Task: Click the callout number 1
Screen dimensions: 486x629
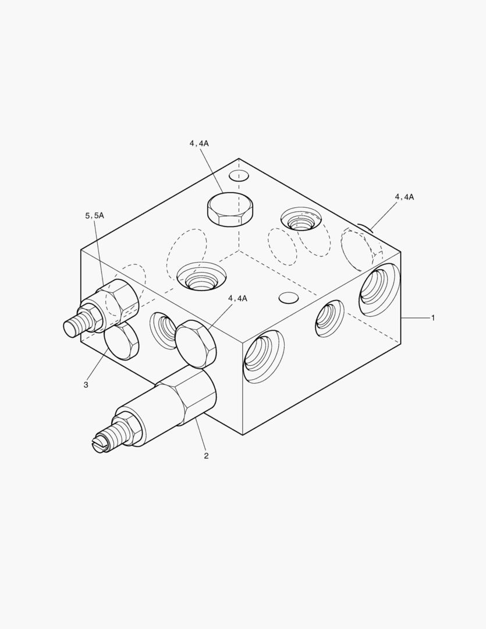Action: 432,318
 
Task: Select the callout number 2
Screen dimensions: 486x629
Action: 206,455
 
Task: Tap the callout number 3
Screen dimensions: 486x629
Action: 86,385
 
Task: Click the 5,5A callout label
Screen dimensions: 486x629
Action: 95,216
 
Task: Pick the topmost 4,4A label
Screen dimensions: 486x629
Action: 199,143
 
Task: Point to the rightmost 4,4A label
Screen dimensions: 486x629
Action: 405,197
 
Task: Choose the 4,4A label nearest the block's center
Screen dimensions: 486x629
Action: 238,298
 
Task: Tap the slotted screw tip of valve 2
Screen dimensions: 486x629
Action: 100,444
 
